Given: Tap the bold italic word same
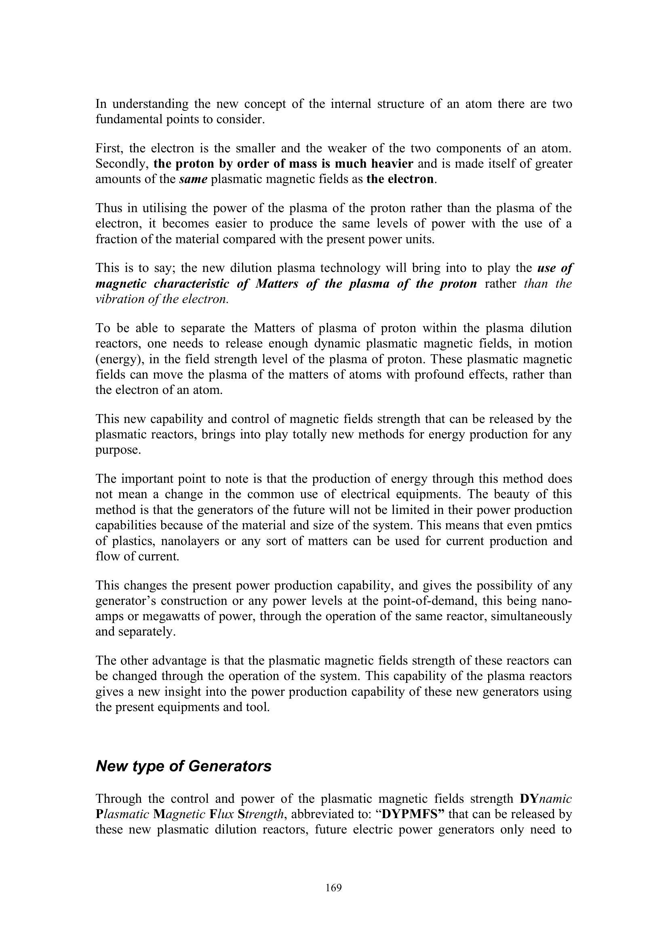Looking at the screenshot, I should point(193,179).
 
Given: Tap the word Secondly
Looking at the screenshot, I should point(121,164).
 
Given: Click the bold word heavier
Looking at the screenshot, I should point(392,164).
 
